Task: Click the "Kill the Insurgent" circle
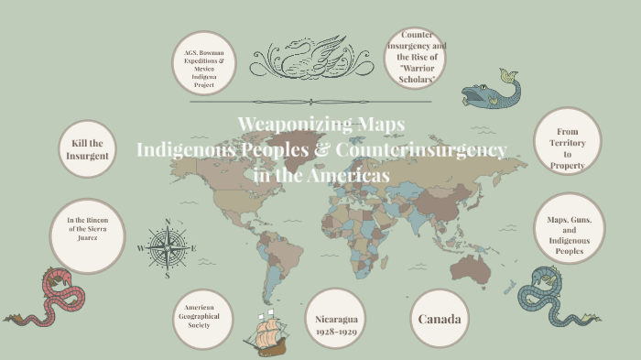coord(87,149)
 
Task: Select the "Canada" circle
coord(439,320)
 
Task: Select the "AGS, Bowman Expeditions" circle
coord(206,64)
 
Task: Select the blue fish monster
coord(490,91)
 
